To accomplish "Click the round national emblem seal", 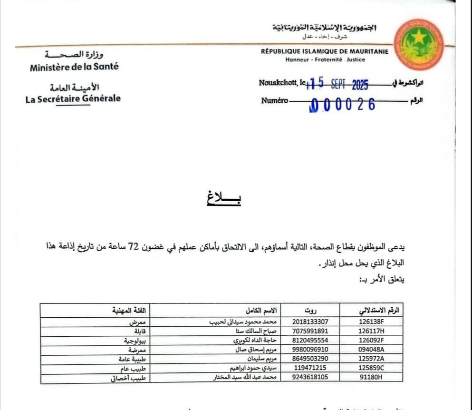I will click(418, 45).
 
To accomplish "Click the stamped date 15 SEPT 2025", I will click(337, 85).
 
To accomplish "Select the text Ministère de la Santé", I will click(74, 67).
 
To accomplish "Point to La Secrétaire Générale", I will click(73, 99).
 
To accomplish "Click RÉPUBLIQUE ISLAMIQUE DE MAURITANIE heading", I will click(325, 51).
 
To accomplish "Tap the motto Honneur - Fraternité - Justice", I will click(325, 60).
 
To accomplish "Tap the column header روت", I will click(310, 311).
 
